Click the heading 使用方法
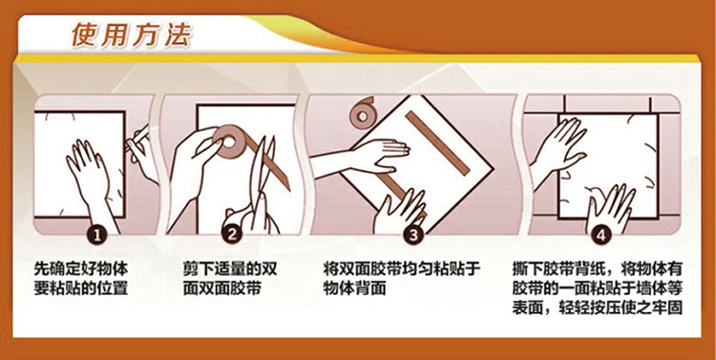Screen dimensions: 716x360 (132, 34)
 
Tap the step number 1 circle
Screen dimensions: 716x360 (96, 235)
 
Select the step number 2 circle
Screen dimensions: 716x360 (232, 235)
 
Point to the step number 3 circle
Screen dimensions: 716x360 (412, 235)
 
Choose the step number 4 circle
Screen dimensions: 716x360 (600, 235)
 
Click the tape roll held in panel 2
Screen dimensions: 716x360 (228, 140)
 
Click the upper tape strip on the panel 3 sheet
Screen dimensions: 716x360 (437, 142)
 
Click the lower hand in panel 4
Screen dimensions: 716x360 (611, 211)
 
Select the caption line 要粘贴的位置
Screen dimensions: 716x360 (81, 288)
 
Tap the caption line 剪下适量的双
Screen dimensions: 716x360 (230, 268)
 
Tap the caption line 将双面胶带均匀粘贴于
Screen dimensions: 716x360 (401, 268)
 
